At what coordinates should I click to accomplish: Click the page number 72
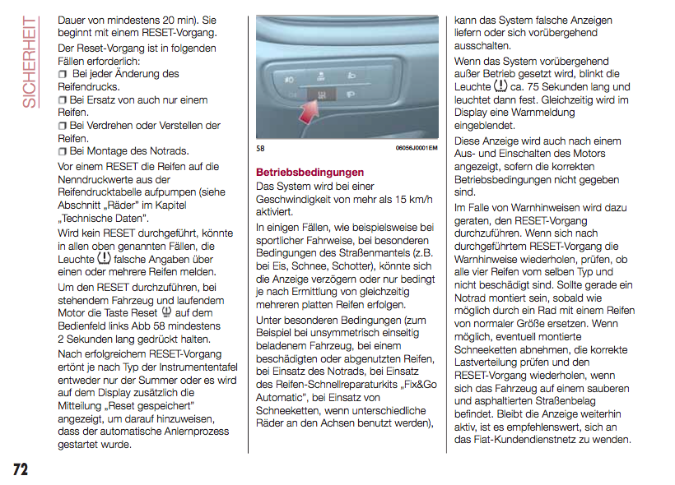[20, 469]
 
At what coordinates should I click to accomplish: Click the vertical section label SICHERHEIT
[30, 61]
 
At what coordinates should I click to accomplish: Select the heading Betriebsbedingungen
[310, 173]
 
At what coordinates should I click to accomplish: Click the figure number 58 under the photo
[261, 148]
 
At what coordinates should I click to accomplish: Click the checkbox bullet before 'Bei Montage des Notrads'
[63, 152]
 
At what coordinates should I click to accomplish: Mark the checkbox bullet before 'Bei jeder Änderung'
[63, 74]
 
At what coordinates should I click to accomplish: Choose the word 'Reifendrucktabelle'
[101, 192]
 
